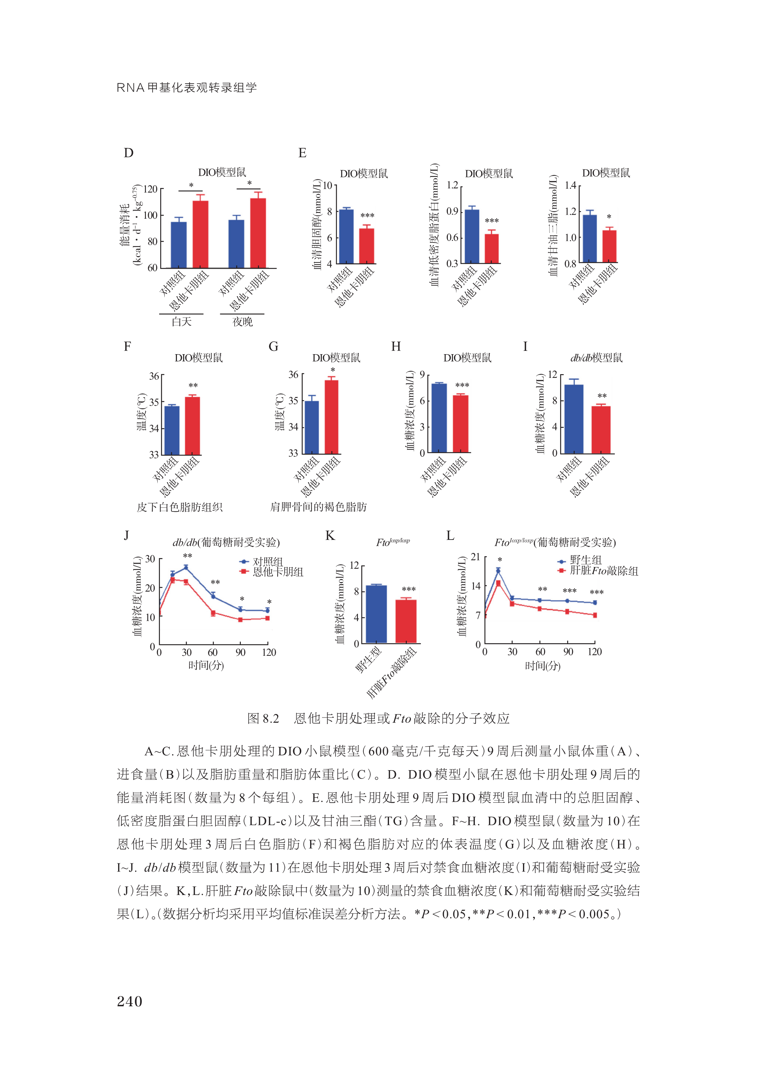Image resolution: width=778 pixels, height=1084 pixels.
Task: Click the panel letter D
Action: pos(128,153)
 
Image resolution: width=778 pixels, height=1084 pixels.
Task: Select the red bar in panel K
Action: pos(406,621)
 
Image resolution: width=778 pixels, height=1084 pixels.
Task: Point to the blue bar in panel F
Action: pos(172,430)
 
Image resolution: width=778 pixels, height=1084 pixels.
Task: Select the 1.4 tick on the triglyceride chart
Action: pos(570,185)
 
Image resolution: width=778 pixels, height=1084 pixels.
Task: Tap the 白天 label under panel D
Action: pos(182,322)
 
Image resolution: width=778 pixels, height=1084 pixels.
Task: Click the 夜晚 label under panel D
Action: pos(242,322)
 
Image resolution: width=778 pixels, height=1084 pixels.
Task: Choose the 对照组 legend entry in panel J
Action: pos(268,561)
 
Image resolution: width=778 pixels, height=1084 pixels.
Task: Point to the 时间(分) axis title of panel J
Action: pos(206,665)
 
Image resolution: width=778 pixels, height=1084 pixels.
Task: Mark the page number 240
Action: pos(130,1001)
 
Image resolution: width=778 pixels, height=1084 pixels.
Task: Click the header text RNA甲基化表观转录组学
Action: pos(187,87)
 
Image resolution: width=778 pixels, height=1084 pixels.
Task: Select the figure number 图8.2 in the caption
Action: pos(263,718)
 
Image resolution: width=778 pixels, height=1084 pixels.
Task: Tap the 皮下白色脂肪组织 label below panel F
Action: pos(180,507)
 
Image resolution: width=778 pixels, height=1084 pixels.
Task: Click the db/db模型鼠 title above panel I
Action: pos(596,358)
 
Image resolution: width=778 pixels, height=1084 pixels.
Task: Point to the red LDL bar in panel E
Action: pos(492,249)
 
